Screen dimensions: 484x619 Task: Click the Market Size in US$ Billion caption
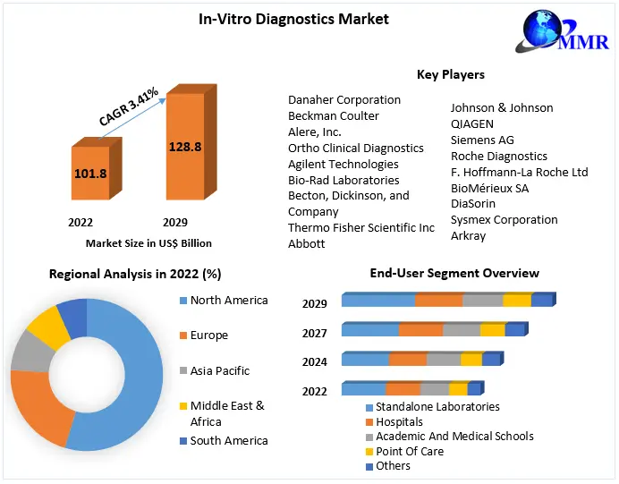coord(148,242)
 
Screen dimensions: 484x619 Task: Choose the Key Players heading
coord(451,74)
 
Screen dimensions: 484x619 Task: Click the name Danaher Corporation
coord(343,99)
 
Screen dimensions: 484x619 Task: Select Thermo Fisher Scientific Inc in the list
coord(360,228)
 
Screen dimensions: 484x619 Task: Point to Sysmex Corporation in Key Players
coord(504,219)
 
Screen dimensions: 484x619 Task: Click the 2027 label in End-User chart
coord(314,333)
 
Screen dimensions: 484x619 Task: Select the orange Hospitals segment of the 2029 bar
coord(438,301)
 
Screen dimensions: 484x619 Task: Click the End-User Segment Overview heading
coord(454,273)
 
